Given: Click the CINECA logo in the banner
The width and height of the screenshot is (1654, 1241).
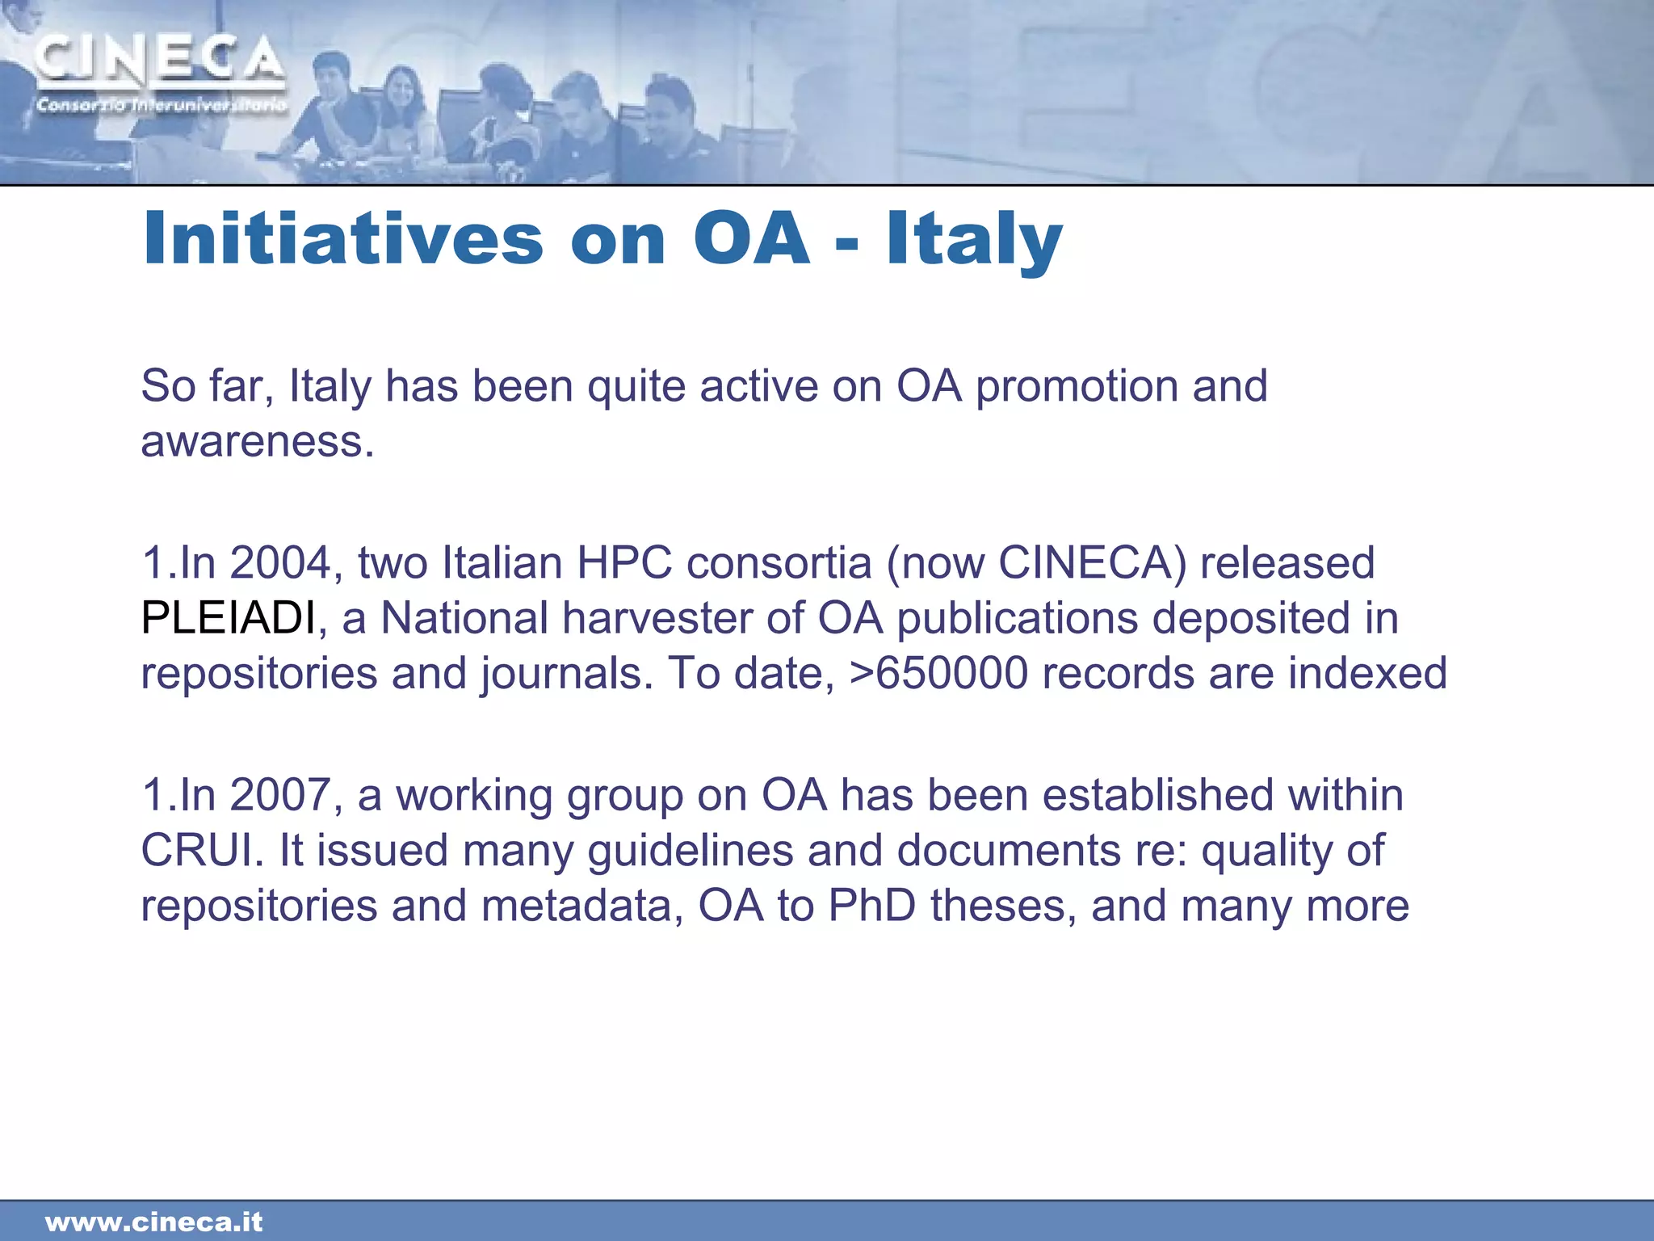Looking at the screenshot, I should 160,60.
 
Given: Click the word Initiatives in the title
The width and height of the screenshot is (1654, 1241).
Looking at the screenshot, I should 343,238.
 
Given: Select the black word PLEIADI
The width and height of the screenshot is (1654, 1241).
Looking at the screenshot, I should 229,618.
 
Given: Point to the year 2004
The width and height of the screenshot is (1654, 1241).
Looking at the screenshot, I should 281,562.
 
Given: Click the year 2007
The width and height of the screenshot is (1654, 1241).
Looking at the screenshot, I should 281,795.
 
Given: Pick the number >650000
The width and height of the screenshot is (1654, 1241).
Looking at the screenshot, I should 938,673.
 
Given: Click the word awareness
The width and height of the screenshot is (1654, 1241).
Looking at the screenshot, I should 257,442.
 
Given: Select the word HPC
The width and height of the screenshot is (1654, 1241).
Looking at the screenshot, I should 624,562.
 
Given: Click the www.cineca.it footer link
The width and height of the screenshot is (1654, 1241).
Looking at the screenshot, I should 154,1222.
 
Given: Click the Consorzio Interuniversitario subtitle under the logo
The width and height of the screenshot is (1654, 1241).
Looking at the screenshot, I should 161,105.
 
